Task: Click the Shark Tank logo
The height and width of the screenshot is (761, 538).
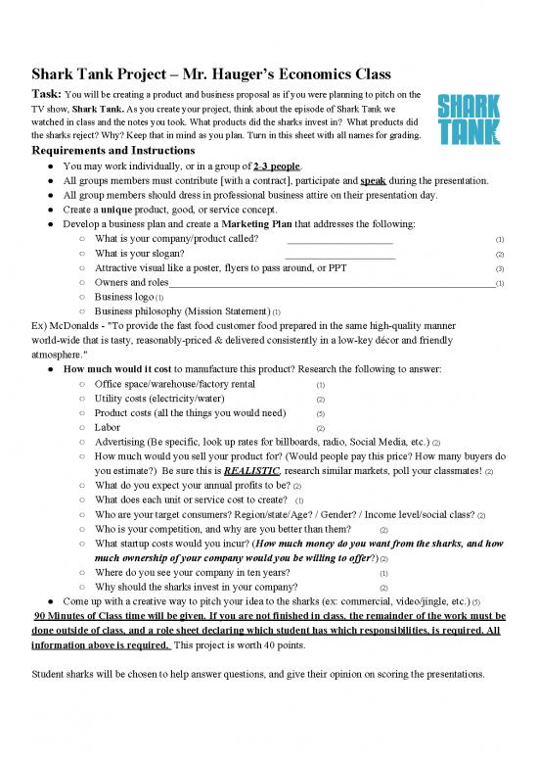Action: coord(468,119)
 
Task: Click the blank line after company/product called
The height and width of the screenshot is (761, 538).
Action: coord(339,240)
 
